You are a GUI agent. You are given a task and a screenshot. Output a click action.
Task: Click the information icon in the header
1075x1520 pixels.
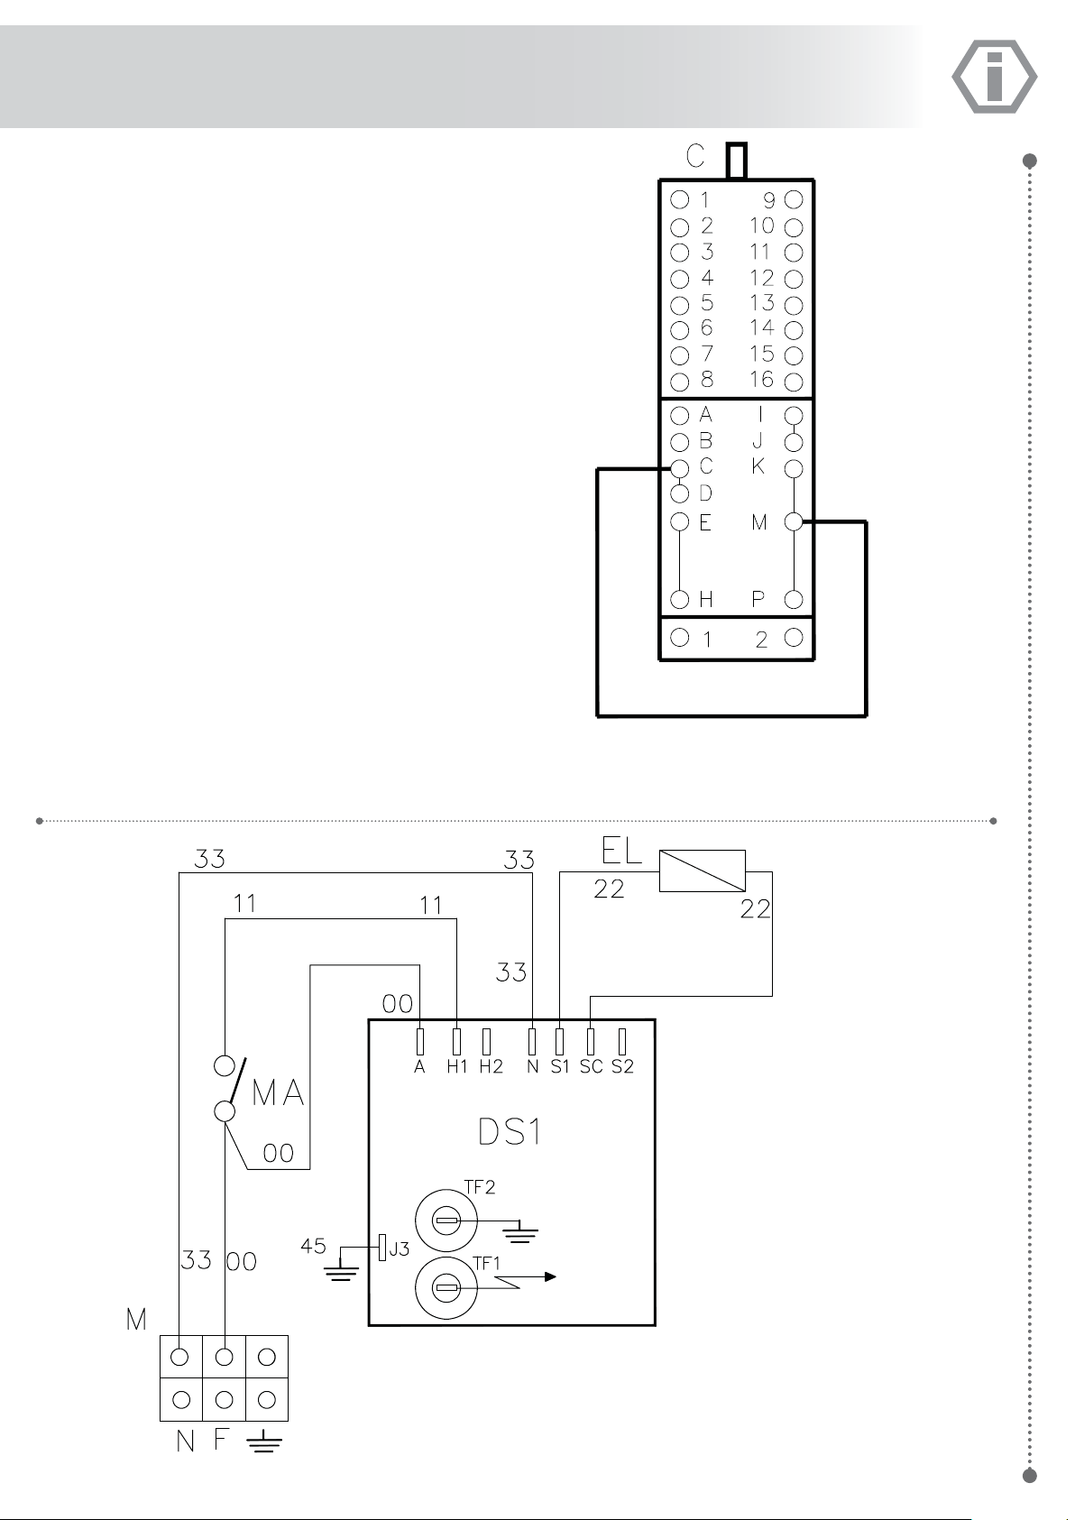(x=995, y=76)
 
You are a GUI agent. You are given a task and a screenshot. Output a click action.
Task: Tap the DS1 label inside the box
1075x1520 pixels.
(x=510, y=1132)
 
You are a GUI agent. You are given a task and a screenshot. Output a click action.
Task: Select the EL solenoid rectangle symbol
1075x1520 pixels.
(x=702, y=871)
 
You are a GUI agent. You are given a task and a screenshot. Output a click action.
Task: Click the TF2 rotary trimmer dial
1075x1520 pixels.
(x=446, y=1221)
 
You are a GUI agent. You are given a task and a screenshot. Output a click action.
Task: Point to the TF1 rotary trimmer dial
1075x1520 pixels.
(x=446, y=1287)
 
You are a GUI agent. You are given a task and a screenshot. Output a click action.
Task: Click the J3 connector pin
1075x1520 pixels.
(x=382, y=1248)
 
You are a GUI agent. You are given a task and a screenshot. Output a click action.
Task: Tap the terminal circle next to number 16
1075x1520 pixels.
(x=794, y=382)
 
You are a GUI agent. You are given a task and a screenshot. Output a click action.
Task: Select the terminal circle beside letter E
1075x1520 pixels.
(x=680, y=521)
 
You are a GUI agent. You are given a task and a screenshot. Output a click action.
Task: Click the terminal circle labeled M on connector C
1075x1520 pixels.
(x=794, y=521)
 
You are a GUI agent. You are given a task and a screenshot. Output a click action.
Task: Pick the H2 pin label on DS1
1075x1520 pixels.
(x=491, y=1067)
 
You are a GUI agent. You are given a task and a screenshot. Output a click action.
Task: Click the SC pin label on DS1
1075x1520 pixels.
(x=591, y=1067)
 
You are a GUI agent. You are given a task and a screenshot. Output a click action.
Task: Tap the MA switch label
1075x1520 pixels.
(x=278, y=1092)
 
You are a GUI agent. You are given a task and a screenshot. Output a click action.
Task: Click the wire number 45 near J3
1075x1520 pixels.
(x=313, y=1246)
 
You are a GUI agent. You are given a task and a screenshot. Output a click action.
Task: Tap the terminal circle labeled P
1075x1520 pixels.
(x=794, y=600)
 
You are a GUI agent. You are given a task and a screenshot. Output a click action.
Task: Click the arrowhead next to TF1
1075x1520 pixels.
(x=550, y=1276)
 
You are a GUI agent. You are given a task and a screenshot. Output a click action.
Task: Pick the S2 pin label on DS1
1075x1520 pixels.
(x=622, y=1067)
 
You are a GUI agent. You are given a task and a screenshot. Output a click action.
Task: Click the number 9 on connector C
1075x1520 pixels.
(x=768, y=201)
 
